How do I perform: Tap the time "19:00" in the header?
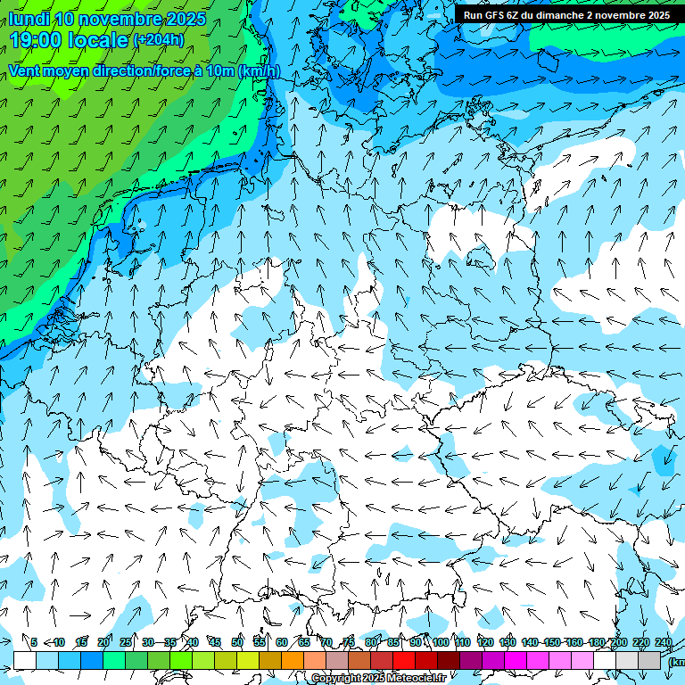point(39,40)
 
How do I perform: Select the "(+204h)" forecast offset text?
point(159,40)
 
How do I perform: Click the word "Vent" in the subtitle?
point(28,71)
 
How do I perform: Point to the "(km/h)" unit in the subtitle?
point(259,71)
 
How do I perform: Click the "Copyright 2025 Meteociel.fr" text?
point(378,679)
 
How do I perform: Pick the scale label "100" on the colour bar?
point(440,642)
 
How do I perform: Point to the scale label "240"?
point(664,642)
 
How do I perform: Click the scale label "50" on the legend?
point(237,642)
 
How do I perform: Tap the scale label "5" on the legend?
point(34,642)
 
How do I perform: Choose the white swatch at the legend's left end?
point(25,660)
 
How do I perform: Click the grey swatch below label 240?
point(649,660)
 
